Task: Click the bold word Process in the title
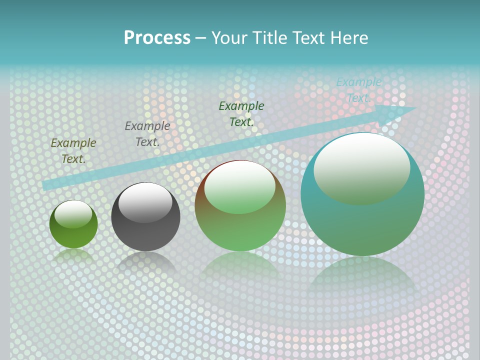point(157,38)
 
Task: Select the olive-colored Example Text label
point(73,150)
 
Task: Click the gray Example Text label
point(147,134)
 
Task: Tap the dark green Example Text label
point(241,113)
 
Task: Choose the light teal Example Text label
point(359,90)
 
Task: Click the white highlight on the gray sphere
point(145,201)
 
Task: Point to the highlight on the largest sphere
point(361,167)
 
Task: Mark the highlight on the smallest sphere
point(73,213)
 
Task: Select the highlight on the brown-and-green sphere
point(239,186)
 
